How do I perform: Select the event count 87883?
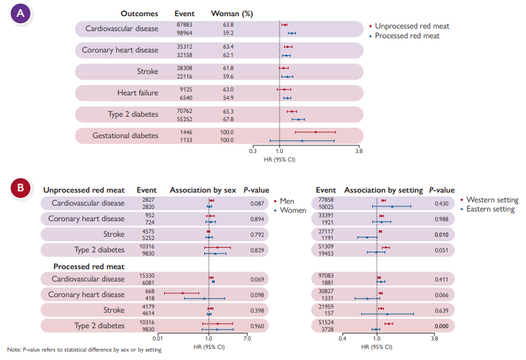185,24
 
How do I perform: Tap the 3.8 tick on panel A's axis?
359,150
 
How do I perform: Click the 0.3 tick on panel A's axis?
254,150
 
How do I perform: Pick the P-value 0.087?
257,203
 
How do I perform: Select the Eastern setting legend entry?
489,209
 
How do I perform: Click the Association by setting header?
383,190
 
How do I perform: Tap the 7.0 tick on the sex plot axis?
247,338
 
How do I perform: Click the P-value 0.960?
257,326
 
